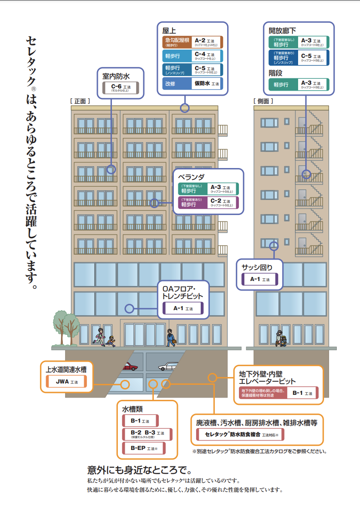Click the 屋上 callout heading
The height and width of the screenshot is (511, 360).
[169, 31]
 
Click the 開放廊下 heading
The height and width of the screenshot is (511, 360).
[282, 31]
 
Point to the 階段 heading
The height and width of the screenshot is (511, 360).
[276, 73]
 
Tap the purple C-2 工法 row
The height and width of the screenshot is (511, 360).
[208, 202]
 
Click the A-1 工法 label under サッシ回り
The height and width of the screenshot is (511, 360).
[259, 279]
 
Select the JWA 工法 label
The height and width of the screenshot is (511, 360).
[66, 383]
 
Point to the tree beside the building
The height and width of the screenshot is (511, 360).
[64, 325]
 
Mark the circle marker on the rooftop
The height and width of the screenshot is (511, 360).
[184, 108]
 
